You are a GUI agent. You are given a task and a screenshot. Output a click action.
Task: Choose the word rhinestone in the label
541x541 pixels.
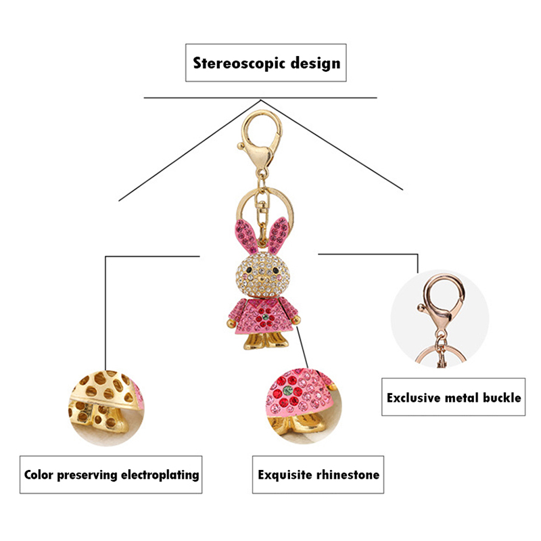(349, 475)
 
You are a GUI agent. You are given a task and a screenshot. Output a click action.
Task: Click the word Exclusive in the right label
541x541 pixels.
(415, 397)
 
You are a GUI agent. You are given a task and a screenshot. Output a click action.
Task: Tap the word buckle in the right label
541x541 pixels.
(500, 397)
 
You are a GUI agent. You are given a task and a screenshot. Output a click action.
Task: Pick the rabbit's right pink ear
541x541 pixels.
(279, 234)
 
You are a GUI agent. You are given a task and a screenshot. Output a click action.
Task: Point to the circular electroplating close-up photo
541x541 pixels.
(105, 406)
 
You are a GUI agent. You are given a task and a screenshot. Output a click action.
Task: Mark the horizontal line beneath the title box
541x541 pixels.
(260, 98)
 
